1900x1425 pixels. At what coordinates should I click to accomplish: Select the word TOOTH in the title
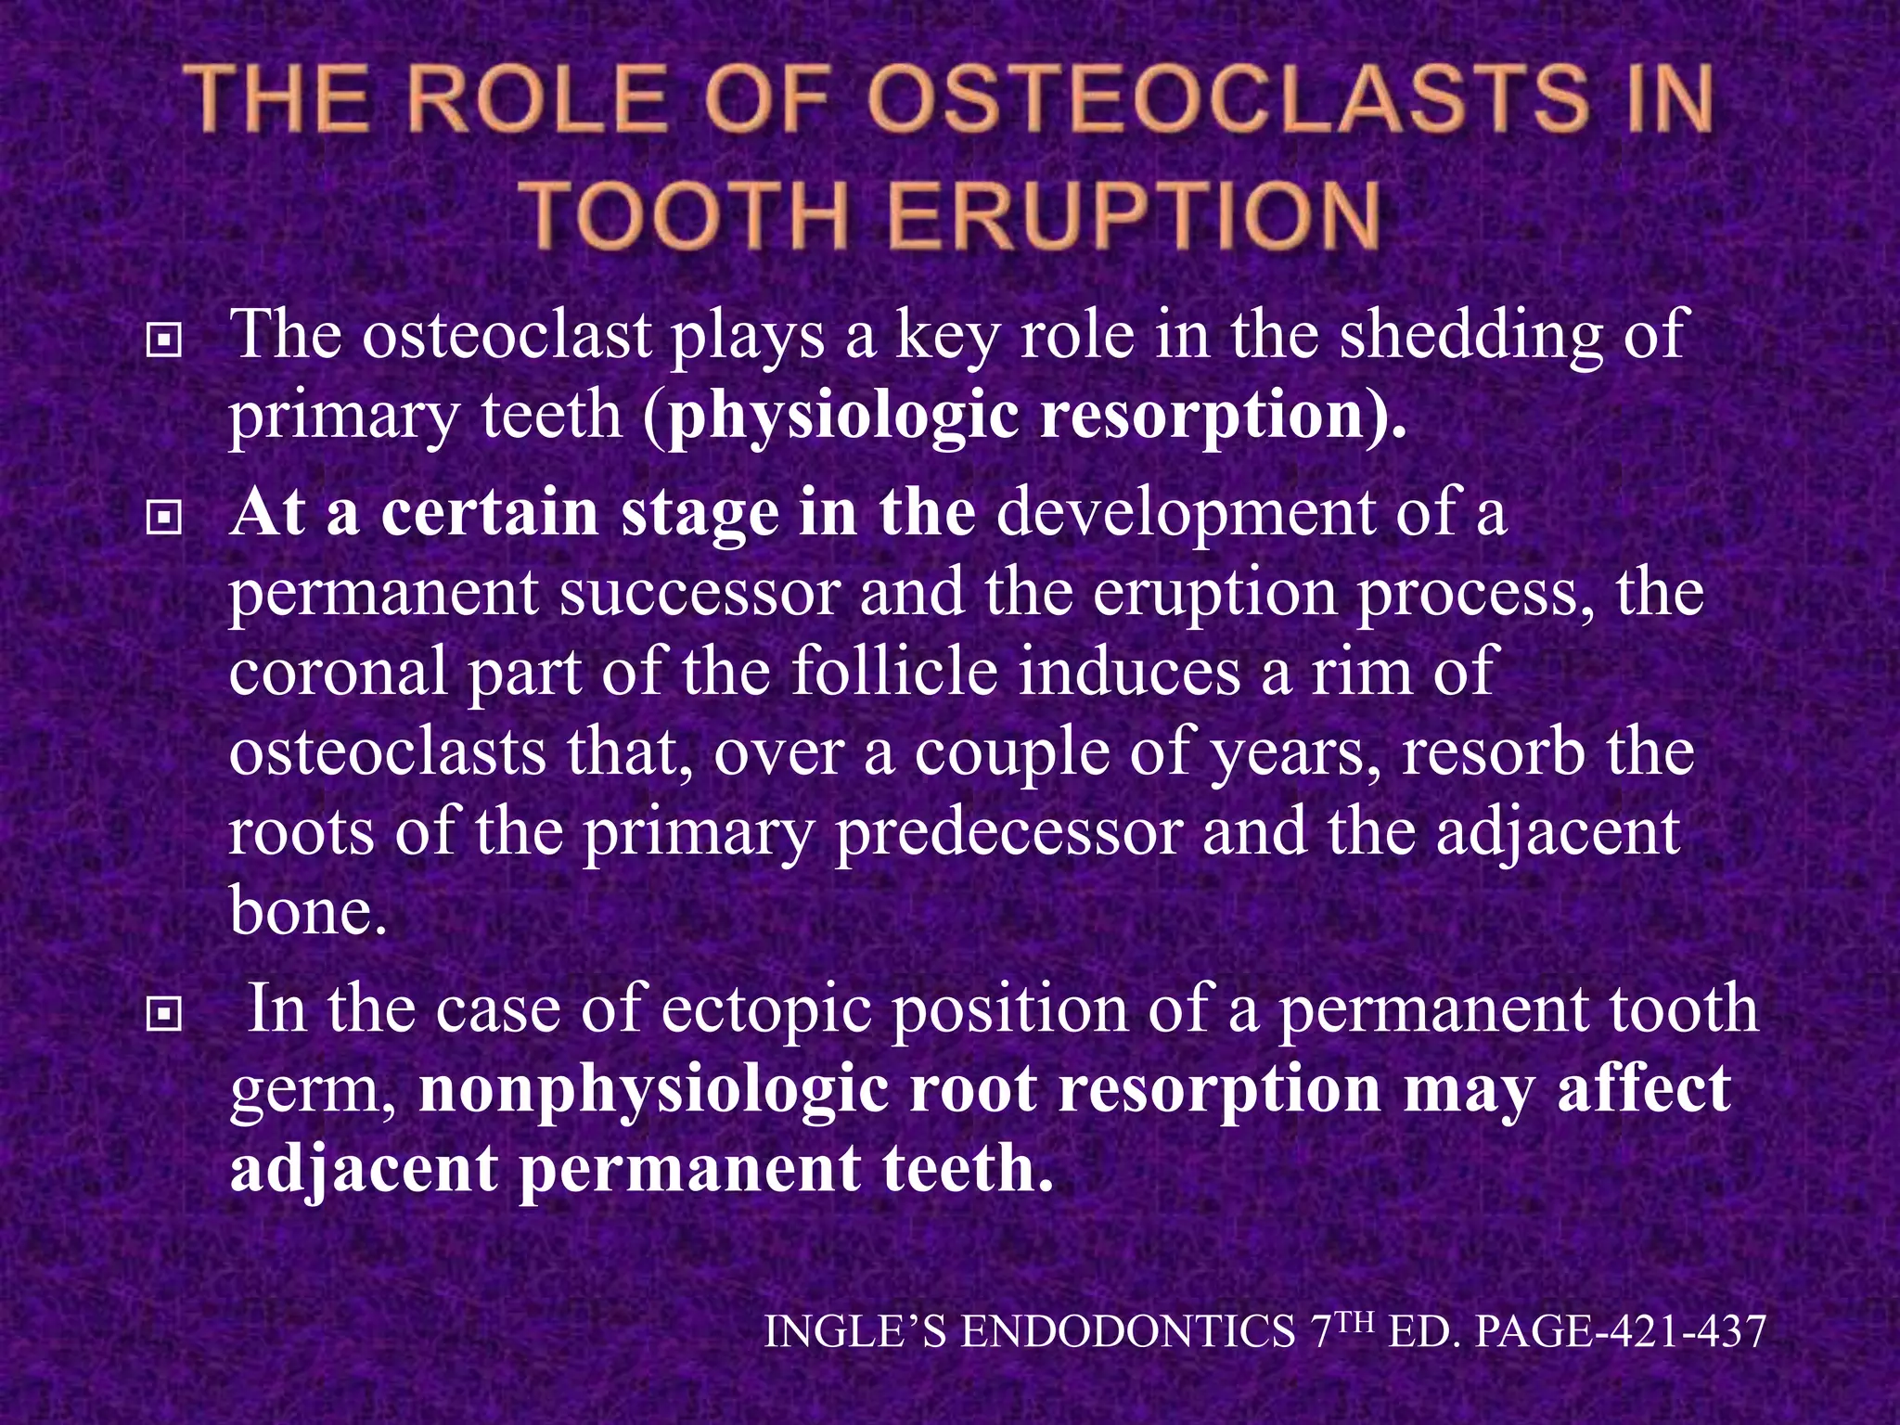[691, 215]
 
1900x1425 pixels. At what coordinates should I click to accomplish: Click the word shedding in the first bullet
[1471, 336]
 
